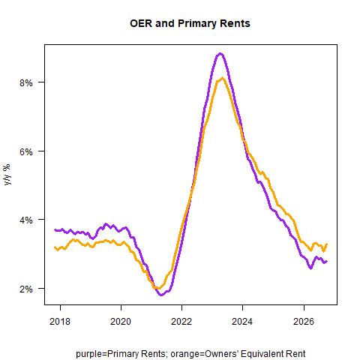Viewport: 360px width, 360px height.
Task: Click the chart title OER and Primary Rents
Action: pyautogui.click(x=190, y=23)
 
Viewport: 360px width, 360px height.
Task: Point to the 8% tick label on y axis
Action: pyautogui.click(x=26, y=82)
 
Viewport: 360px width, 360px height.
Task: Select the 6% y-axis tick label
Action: pyautogui.click(x=26, y=151)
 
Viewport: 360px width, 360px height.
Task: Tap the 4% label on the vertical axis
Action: pyautogui.click(x=26, y=220)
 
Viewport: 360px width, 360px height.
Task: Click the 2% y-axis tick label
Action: pyautogui.click(x=26, y=289)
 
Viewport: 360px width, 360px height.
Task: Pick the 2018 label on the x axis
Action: pyautogui.click(x=60, y=321)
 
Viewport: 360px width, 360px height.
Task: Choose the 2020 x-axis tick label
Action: pyautogui.click(x=121, y=321)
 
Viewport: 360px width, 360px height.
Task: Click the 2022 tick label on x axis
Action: pyautogui.click(x=181, y=321)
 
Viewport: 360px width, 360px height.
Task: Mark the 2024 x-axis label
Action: pyautogui.click(x=242, y=321)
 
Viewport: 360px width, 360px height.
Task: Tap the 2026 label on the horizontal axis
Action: pyautogui.click(x=304, y=321)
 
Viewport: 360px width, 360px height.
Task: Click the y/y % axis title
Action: pyautogui.click(x=7, y=175)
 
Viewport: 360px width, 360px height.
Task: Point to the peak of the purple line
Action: pyautogui.click(x=220, y=53)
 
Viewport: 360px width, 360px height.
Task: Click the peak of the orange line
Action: pyautogui.click(x=222, y=78)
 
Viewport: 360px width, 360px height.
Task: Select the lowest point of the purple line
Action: pyautogui.click(x=161, y=295)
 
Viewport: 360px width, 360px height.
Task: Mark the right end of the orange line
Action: pyautogui.click(x=327, y=244)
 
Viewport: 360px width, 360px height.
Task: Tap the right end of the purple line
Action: pyautogui.click(x=326, y=262)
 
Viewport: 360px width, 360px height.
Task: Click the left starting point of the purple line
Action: pyautogui.click(x=55, y=230)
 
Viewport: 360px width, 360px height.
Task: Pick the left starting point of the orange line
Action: pyautogui.click(x=55, y=247)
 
